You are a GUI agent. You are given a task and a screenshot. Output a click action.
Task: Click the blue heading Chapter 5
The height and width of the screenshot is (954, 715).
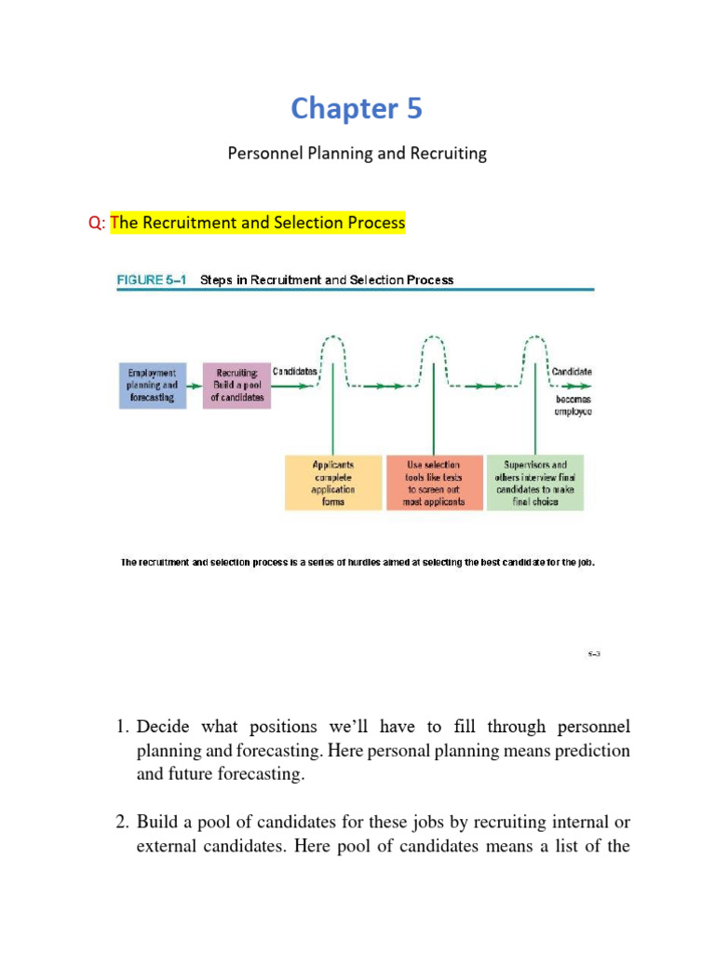coord(357,109)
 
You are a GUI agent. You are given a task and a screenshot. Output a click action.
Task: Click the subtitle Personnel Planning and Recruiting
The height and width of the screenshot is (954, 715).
coord(357,154)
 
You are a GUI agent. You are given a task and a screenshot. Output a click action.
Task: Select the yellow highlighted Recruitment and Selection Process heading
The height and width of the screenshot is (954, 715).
coord(258,223)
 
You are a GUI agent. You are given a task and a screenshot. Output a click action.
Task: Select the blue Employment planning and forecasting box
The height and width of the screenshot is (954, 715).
coord(152,385)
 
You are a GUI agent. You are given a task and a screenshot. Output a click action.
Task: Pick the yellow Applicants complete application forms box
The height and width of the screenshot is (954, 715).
coord(333,482)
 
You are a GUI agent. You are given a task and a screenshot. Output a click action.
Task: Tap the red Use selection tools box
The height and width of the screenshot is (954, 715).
coord(435,482)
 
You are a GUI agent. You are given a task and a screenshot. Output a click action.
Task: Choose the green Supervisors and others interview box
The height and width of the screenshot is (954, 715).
coord(534,482)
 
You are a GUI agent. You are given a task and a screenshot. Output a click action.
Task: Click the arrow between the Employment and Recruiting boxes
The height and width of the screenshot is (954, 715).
coord(195,385)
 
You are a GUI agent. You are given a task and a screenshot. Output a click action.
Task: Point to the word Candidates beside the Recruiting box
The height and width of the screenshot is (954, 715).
coord(295,371)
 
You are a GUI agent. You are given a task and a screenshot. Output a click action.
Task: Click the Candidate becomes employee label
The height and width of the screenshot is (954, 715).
coord(572,391)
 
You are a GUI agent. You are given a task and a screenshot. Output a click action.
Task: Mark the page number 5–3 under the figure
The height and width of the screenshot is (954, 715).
coord(594,654)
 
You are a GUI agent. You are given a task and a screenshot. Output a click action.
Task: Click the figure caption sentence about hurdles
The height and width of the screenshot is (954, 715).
coord(357,563)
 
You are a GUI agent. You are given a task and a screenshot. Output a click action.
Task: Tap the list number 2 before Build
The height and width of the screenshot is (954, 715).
coord(121,823)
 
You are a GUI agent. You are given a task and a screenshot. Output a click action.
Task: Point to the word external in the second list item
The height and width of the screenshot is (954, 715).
coord(168,846)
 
